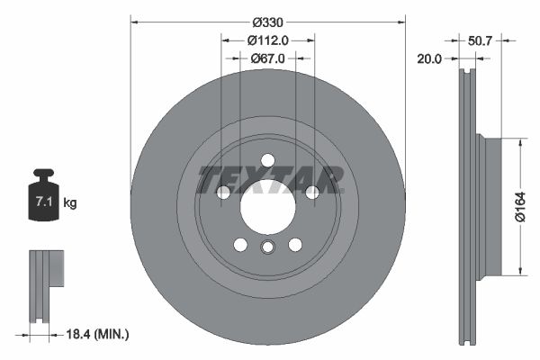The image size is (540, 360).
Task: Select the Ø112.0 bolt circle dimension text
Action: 267,40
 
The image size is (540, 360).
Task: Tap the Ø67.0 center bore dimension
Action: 267,58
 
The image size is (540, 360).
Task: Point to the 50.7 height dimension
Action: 481,40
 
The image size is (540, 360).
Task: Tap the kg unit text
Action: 70,203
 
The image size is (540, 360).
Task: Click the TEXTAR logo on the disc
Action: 268,179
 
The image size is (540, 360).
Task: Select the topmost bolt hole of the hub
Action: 267,160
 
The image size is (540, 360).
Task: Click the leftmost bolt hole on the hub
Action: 223,192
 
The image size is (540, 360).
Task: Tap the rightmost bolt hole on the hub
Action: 311,192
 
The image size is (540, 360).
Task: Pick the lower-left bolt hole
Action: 240,244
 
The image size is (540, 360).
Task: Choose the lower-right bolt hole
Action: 294,244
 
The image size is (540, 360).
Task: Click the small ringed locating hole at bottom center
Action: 267,249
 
